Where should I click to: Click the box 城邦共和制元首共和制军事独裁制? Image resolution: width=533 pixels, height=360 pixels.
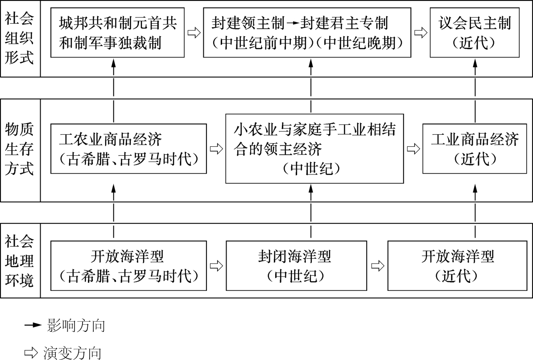(x=117, y=32)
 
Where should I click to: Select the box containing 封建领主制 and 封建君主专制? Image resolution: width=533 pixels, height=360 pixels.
(x=307, y=32)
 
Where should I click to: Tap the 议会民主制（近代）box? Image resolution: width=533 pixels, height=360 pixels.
(x=475, y=32)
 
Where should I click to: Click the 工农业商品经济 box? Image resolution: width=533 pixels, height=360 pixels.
(x=128, y=149)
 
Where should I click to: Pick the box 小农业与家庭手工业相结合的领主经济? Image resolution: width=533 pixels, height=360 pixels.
(x=315, y=149)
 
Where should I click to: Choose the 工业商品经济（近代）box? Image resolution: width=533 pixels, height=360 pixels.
(x=475, y=149)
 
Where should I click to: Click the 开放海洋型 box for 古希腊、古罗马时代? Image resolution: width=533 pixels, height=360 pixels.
(x=128, y=266)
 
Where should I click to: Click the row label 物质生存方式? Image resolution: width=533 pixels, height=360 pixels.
(x=19, y=149)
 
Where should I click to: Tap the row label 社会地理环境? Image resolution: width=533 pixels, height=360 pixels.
(x=19, y=262)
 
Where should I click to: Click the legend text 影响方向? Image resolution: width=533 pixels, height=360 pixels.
(x=75, y=326)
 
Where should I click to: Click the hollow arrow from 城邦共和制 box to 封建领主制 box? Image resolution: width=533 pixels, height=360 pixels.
(x=194, y=33)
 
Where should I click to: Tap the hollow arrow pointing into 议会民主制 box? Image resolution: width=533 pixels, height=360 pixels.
(x=420, y=33)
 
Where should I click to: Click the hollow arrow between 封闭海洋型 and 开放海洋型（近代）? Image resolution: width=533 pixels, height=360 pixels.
(x=378, y=266)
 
